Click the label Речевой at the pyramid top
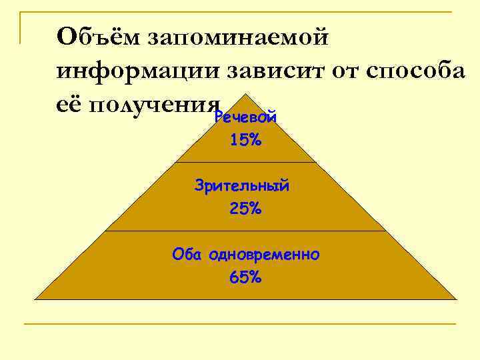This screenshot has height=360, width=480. (x=245, y=119)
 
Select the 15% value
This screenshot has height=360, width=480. (x=245, y=141)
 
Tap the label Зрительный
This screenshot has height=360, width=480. (x=242, y=186)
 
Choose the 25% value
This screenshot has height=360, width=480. (x=245, y=209)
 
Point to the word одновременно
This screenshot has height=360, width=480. (x=264, y=254)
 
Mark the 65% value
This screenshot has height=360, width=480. (x=245, y=278)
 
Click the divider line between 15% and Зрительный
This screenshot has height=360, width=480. (x=245, y=162)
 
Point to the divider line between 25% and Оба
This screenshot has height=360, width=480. (x=245, y=231)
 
